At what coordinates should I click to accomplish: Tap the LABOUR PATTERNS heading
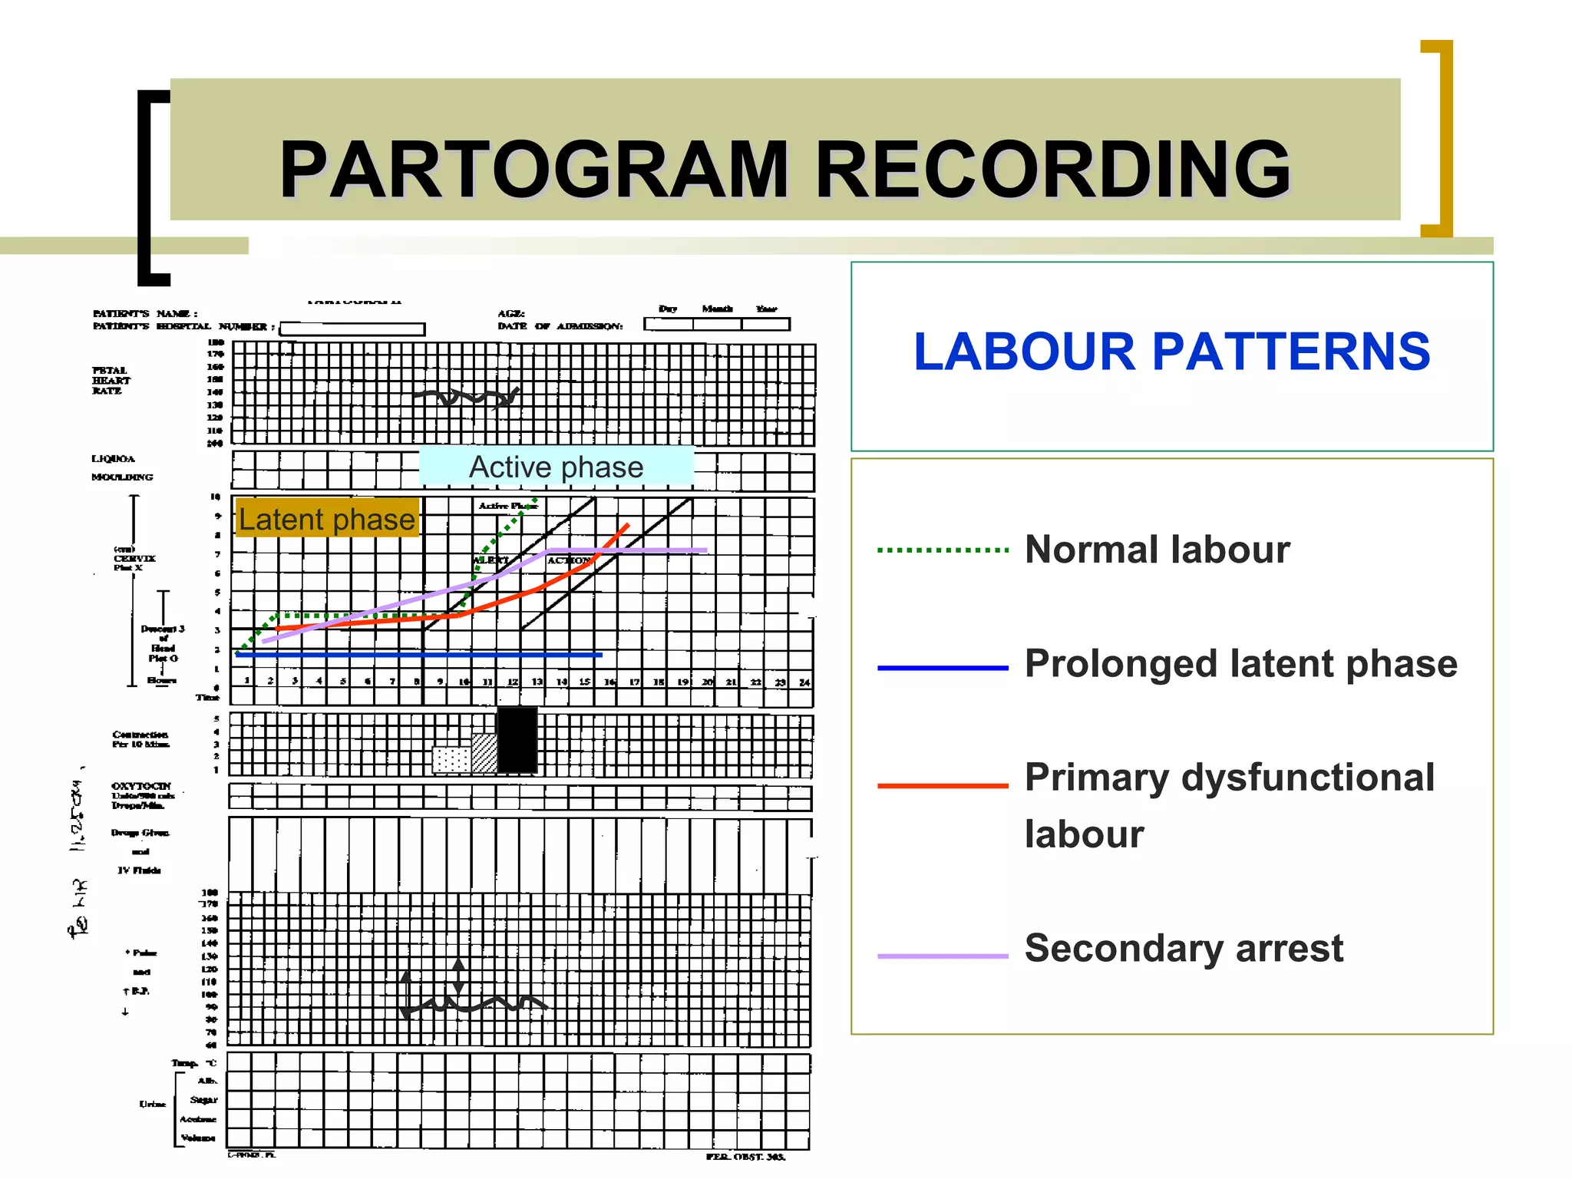click(x=1171, y=352)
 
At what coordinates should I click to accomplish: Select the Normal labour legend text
click(x=1157, y=550)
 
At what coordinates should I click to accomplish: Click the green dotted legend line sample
click(x=943, y=550)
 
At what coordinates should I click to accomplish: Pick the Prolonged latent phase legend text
click(x=1240, y=663)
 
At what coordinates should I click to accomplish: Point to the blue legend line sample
click(x=943, y=669)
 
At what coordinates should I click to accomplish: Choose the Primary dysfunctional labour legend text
click(x=1229, y=804)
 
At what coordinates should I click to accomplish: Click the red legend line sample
click(x=943, y=786)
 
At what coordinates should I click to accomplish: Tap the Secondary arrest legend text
click(x=1184, y=948)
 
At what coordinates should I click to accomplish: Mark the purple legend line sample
click(x=943, y=956)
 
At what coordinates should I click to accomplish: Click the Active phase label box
click(x=556, y=467)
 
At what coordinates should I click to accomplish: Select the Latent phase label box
click(x=327, y=519)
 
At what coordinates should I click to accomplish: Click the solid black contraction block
click(x=517, y=740)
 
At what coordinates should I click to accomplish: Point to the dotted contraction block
click(x=451, y=759)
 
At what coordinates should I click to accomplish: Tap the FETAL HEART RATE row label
click(x=111, y=381)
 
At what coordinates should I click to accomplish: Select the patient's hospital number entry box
click(x=352, y=329)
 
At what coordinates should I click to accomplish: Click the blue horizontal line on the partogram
click(x=418, y=656)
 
